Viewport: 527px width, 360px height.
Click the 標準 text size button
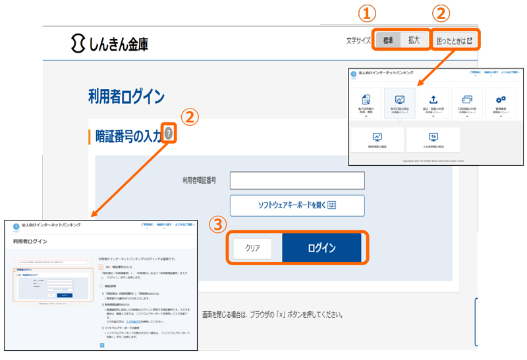[x=388, y=40]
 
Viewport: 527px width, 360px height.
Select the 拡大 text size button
[x=414, y=40]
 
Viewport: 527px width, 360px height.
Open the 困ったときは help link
[x=455, y=41]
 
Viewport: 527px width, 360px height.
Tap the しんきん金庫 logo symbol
[x=78, y=43]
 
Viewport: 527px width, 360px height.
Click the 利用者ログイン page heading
[x=126, y=96]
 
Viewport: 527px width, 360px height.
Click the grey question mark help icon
[x=169, y=134]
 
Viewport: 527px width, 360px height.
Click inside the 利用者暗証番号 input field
[x=296, y=180]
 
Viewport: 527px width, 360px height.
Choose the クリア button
[x=253, y=248]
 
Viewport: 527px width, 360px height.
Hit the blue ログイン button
[x=321, y=248]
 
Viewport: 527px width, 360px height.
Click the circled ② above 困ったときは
[x=441, y=13]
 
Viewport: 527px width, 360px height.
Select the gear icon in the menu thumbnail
[x=501, y=99]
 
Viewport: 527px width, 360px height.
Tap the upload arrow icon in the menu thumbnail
[x=433, y=99]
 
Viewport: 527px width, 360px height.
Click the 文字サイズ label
[x=359, y=41]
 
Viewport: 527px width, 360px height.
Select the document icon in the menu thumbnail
[x=366, y=99]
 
